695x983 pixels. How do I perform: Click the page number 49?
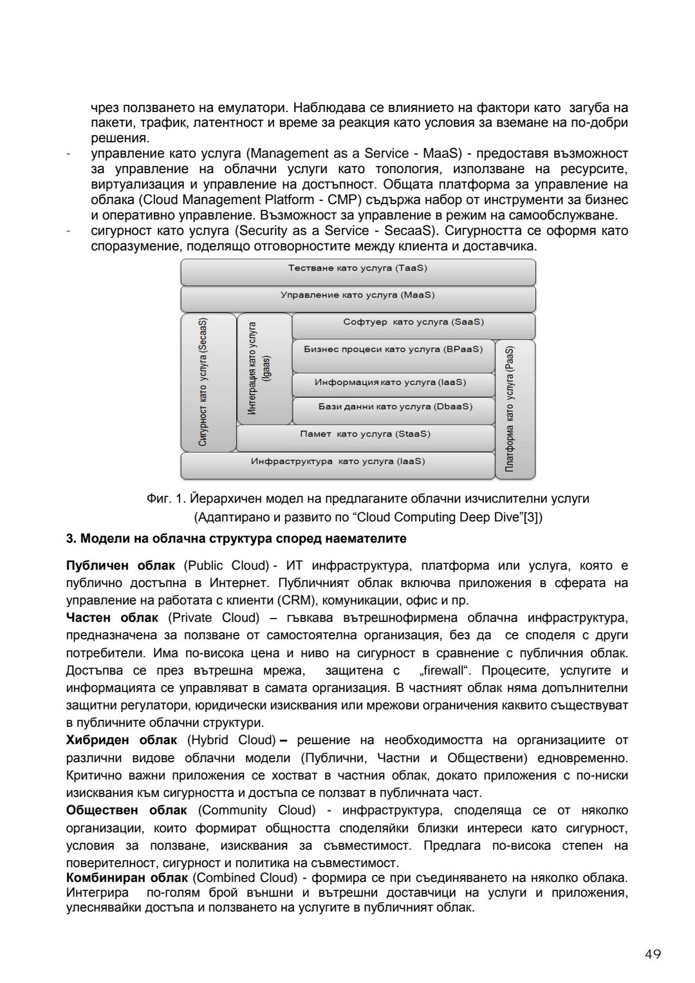[x=653, y=954]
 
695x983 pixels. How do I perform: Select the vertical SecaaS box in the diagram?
[x=208, y=382]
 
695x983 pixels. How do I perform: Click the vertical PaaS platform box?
[x=515, y=409]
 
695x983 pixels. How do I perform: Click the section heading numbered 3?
[x=236, y=538]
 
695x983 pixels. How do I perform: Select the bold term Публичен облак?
[x=120, y=566]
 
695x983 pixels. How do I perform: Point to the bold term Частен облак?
[x=112, y=618]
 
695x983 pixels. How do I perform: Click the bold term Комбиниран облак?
[x=127, y=878]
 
